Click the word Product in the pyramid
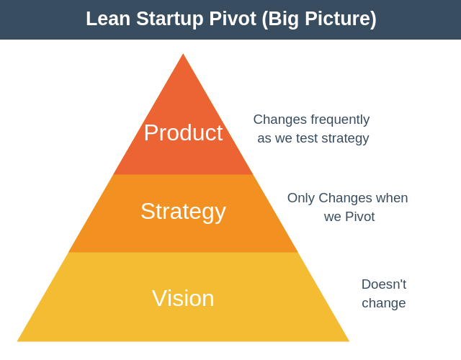coord(183,132)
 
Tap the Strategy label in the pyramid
coord(184,212)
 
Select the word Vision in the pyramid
coord(183,298)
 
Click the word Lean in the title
coord(108,19)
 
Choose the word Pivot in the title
coord(233,19)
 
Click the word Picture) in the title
coord(341,19)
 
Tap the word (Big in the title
coord(280,19)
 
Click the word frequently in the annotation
coord(340,120)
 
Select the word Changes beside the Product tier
coord(280,120)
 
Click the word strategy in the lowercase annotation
coord(345,139)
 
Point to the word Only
coord(301,199)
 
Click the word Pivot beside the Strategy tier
coord(360,217)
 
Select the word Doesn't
coord(384,284)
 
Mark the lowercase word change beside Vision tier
coord(384,304)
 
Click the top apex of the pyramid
coord(183,54)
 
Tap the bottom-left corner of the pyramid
coord(17,341)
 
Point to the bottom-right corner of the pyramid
coord(349,341)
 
